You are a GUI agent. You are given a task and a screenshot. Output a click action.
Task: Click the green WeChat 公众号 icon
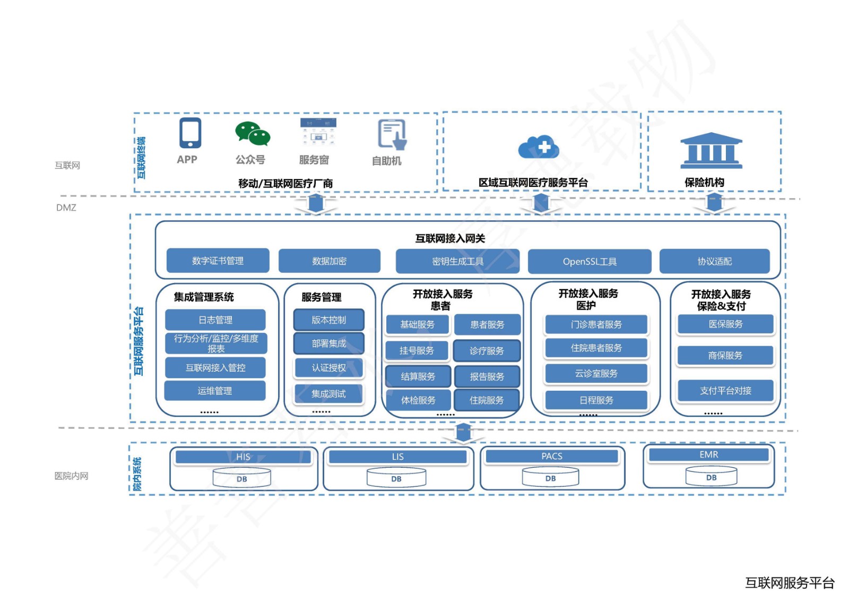[x=253, y=134]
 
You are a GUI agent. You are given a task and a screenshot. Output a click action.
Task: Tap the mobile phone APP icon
[x=190, y=133]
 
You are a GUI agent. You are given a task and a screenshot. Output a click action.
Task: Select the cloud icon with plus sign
[x=539, y=147]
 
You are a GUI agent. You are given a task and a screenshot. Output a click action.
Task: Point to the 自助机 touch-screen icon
[x=392, y=134]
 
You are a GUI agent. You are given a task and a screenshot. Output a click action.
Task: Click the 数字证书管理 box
[x=218, y=261]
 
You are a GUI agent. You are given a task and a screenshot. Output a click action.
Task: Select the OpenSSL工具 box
[x=590, y=261]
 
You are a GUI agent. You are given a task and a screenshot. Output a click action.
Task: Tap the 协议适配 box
[x=714, y=261]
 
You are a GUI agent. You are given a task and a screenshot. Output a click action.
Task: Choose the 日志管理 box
[x=215, y=320]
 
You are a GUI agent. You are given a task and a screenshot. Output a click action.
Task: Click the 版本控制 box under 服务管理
[x=328, y=320]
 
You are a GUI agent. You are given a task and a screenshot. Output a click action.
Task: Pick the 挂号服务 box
[x=417, y=350]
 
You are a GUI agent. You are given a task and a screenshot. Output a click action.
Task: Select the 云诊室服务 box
[x=596, y=373]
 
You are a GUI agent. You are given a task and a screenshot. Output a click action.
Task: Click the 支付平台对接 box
[x=725, y=391]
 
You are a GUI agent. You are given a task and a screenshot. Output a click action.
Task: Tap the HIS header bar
[x=243, y=457]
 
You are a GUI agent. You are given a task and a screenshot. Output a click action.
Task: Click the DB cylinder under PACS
[x=550, y=477]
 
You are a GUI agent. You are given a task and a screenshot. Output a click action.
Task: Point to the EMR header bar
[x=708, y=455]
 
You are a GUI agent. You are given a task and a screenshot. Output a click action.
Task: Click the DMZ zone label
[x=66, y=208]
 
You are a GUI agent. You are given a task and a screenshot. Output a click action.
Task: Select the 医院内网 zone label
[x=72, y=476]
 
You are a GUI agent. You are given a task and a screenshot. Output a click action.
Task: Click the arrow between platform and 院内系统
[x=464, y=432]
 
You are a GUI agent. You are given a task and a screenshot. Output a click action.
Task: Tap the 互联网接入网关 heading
[x=450, y=238]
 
